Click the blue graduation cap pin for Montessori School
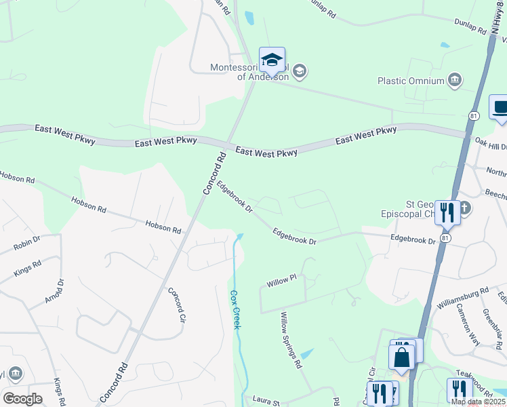click(272, 60)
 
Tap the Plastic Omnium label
click(411, 81)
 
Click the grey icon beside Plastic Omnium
click(455, 81)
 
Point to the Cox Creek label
click(235, 309)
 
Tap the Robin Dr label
click(27, 244)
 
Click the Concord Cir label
click(176, 304)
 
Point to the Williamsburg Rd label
click(463, 299)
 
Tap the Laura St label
click(266, 400)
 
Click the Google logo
click(22, 398)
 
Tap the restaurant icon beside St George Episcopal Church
click(447, 212)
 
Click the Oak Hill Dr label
click(491, 144)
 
